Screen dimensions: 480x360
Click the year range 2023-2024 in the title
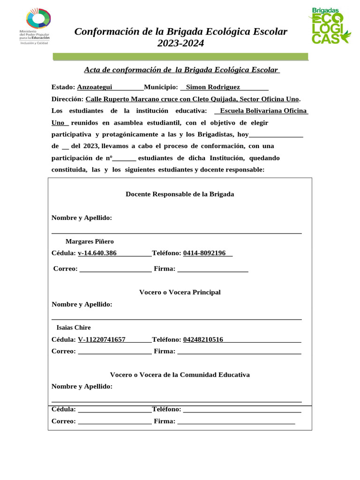pos(180,44)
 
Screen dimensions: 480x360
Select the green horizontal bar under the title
pos(180,57)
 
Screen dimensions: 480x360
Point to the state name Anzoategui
pos(95,87)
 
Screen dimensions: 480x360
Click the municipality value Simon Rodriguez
pos(213,87)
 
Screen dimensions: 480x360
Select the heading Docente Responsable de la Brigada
pos(180,194)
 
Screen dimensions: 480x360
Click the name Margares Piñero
pos(90,241)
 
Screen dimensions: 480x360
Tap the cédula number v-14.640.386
pos(97,253)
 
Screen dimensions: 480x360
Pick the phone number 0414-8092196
pos(204,253)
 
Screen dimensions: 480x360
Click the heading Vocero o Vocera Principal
pos(180,292)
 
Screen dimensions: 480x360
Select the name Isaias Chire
pos(74,328)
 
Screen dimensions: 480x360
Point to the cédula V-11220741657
pos(102,339)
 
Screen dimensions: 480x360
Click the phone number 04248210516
pos(203,339)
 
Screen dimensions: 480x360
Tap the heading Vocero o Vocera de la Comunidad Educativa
pos(180,375)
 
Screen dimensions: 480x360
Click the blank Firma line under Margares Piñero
pos(213,270)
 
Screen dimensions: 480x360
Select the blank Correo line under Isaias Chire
pos(114,352)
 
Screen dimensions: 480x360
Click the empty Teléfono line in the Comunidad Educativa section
pos(242,410)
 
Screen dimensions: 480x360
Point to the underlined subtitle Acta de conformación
pos(181,70)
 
